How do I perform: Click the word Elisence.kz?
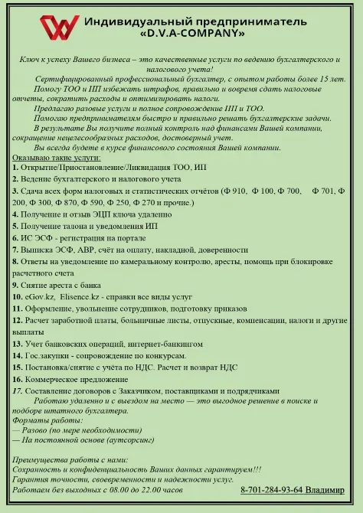point(83,295)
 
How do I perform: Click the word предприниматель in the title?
point(253,20)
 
